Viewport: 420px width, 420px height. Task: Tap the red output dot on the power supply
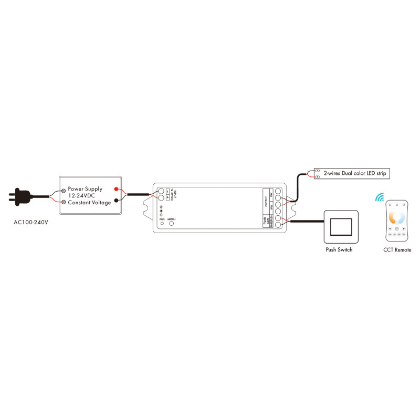tap(115, 189)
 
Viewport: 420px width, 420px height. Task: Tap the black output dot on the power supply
tap(115, 199)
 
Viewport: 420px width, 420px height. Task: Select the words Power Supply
tap(85, 188)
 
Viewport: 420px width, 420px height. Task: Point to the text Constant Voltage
tap(89, 203)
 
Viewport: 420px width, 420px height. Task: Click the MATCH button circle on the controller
tap(171, 224)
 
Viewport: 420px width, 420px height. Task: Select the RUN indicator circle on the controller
tap(162, 224)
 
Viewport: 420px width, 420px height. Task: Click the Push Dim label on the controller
tap(265, 221)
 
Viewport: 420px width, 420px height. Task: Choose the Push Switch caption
tap(339, 250)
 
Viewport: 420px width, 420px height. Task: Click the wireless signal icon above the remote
tap(380, 197)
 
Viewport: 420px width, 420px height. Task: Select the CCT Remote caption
tap(397, 250)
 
